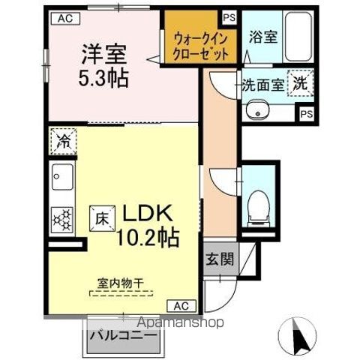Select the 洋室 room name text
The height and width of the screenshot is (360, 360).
[103, 55]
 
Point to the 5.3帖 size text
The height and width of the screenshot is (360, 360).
[103, 76]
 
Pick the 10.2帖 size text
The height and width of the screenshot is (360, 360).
[147, 238]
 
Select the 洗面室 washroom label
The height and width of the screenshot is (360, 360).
[262, 85]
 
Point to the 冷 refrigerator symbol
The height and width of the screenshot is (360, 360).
[63, 139]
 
